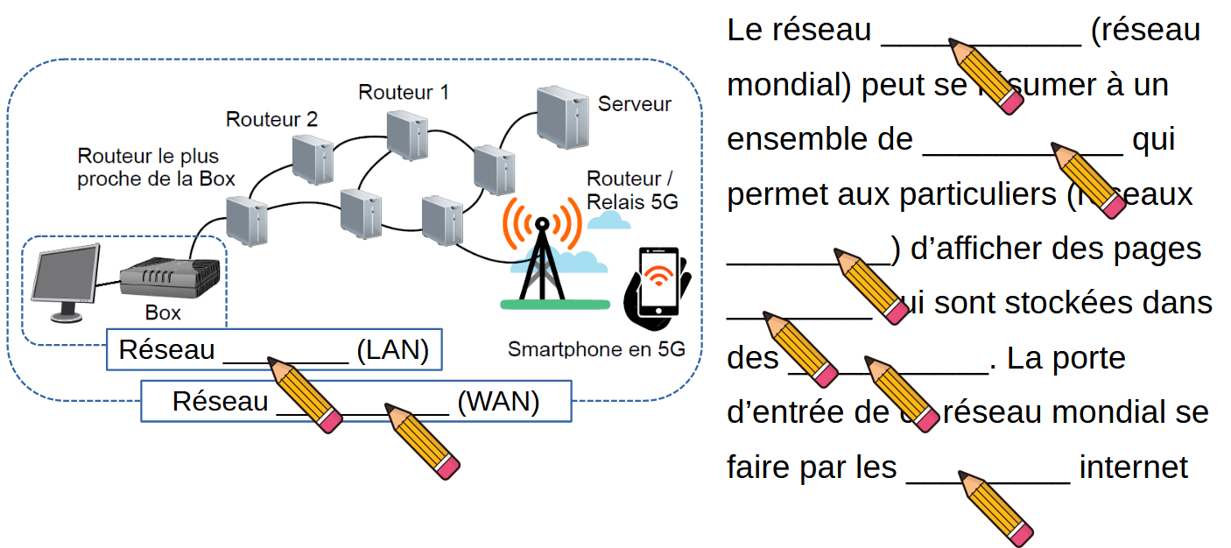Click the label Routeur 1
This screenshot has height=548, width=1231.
click(x=404, y=92)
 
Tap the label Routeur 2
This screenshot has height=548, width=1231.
click(x=271, y=119)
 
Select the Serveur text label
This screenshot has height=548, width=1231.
click(x=634, y=104)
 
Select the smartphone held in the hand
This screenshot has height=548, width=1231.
click(x=658, y=285)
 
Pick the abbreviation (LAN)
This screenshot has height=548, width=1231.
click(x=392, y=350)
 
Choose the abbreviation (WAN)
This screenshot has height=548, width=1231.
click(x=498, y=402)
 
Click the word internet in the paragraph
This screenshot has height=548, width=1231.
click(x=1133, y=467)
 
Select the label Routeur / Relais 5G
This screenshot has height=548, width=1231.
click(x=632, y=190)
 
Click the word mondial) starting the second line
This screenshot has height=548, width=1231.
click(x=790, y=85)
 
